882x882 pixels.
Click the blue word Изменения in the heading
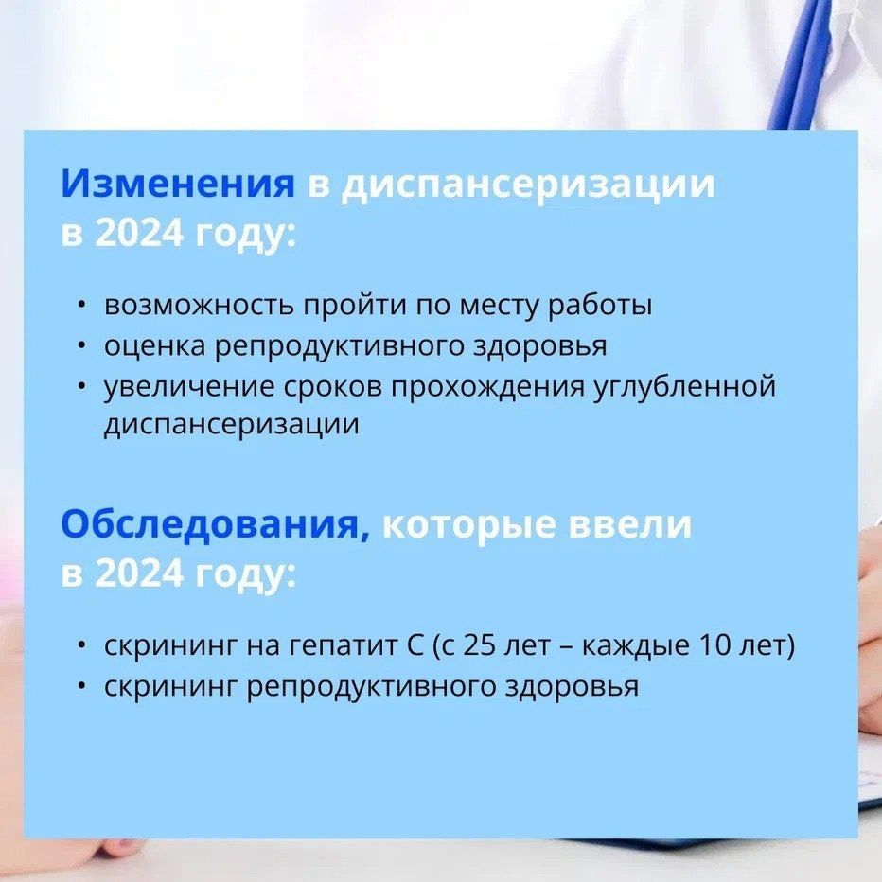[178, 183]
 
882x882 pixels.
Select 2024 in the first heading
[139, 232]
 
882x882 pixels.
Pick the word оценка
[154, 346]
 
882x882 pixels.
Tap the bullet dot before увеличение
[82, 386]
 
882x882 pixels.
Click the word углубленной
[685, 388]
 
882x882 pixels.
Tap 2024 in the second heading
[139, 573]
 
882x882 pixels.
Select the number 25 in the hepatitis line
[478, 645]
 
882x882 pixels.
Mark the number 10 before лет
[714, 645]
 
